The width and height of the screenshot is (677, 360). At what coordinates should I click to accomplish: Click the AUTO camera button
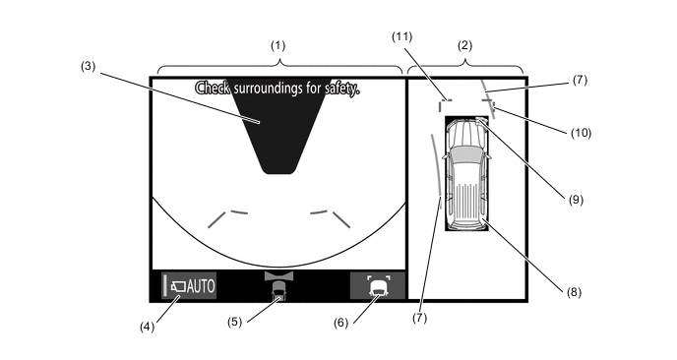(x=189, y=285)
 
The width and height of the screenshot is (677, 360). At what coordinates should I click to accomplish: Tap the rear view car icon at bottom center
(x=278, y=286)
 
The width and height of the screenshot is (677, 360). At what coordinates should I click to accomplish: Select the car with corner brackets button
(x=377, y=285)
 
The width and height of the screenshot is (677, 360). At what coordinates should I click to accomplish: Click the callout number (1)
(x=278, y=45)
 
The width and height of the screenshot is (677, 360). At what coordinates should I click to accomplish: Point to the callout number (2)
(x=464, y=45)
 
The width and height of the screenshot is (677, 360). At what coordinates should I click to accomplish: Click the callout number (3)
(x=88, y=67)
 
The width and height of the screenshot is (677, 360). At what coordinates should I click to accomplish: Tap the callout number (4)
(x=147, y=327)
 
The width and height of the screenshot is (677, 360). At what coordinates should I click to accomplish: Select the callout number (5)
(x=235, y=322)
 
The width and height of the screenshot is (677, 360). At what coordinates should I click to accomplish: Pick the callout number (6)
(x=340, y=323)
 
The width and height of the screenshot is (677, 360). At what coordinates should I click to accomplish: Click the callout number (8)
(x=574, y=292)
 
